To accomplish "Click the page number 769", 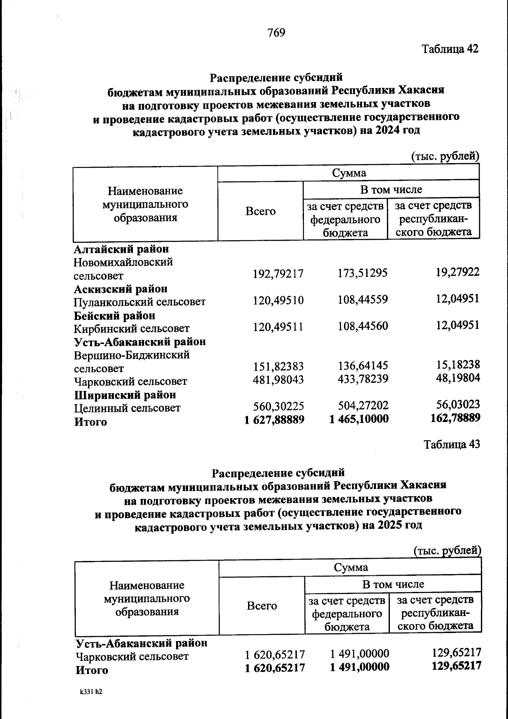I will coord(276,33).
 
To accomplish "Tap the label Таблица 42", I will coord(450,49).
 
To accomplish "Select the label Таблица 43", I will coord(452,444).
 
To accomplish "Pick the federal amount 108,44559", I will coord(362,300).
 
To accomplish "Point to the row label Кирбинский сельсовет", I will coord(132,328).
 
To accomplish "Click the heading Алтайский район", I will coord(121,249).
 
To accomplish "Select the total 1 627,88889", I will coord(274,420).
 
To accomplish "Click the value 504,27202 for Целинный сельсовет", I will coord(363,406).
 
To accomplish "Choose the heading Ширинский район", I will coord(125,395).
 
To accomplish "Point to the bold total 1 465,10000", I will coord(359,419).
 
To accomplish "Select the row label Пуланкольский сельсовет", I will coord(140,302).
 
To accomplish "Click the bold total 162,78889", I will coord(455,419).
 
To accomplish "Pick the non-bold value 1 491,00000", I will coord(359,654).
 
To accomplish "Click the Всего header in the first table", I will coord(260,211).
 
